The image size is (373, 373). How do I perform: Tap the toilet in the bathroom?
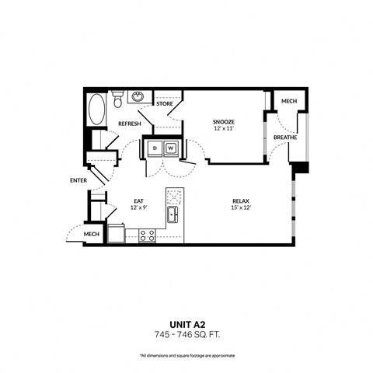[x=117, y=99]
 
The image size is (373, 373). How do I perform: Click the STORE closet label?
[x=164, y=103]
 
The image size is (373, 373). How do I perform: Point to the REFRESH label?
[x=129, y=123]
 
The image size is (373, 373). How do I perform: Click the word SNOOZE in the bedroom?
[x=224, y=122]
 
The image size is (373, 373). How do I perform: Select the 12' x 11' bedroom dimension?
[x=224, y=130]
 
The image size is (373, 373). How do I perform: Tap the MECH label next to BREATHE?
[x=288, y=101]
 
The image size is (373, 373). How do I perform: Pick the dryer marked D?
[x=154, y=148]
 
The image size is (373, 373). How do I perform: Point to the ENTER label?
[x=78, y=180]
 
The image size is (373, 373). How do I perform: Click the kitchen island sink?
[x=173, y=214]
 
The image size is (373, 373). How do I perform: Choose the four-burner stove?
[x=146, y=235]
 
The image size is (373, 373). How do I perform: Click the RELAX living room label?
[x=239, y=200]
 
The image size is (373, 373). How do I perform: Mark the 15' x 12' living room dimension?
[x=239, y=207]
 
